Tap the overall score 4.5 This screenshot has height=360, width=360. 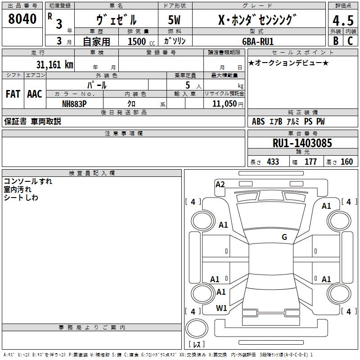(x=342, y=21)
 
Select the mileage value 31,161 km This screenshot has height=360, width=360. (x=54, y=64)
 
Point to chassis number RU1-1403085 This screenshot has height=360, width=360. (x=302, y=143)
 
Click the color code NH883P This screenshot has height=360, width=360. (x=74, y=103)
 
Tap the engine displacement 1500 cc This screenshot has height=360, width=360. (x=139, y=41)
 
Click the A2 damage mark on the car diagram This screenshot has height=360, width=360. (x=220, y=184)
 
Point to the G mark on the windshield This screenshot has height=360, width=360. (x=284, y=237)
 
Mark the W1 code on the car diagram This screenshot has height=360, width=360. (x=221, y=308)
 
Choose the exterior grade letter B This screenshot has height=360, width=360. (x=335, y=41)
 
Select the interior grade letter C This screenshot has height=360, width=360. (x=350, y=41)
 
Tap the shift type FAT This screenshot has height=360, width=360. (x=13, y=94)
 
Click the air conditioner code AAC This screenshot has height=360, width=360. (x=35, y=94)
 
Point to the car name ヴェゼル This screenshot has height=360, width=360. (x=116, y=20)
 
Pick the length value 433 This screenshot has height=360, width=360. (x=273, y=162)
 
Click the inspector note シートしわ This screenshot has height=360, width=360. (x=21, y=198)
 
